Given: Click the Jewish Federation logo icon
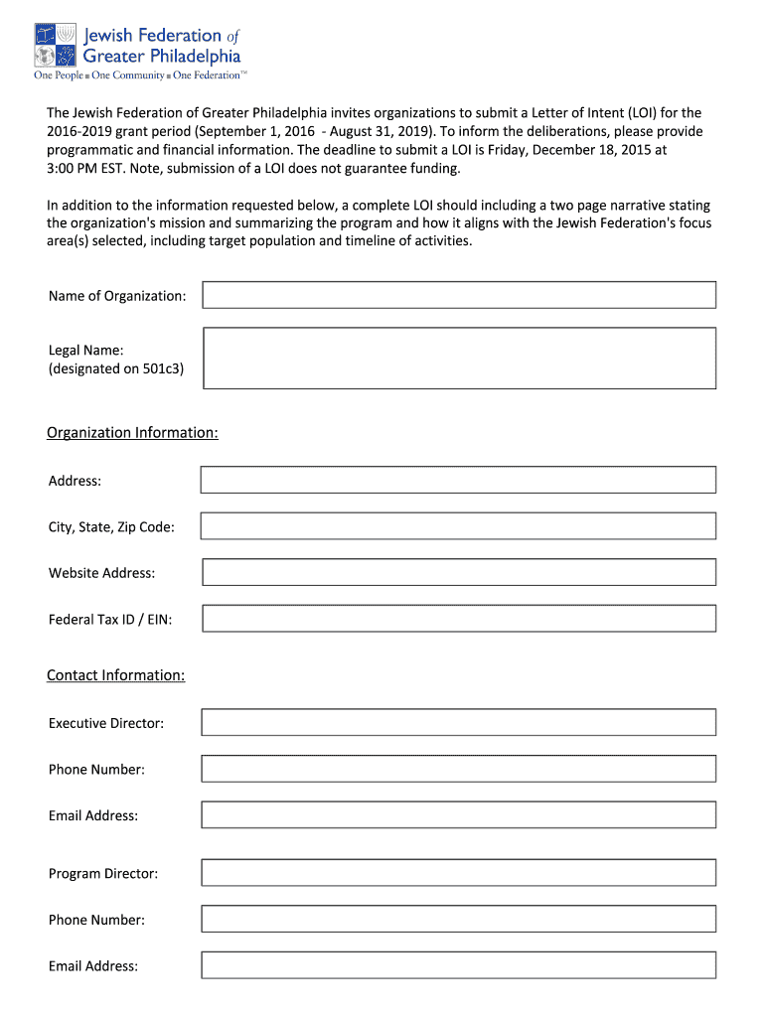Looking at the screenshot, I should point(56,45).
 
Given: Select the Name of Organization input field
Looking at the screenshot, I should point(458,295).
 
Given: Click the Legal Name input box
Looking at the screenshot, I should point(458,358).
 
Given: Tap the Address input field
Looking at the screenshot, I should point(458,480).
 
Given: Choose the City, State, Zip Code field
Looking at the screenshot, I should point(458,525).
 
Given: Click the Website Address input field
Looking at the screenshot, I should point(458,572).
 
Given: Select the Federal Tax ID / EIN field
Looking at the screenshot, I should point(458,619).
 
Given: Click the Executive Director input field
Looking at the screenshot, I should point(458,722).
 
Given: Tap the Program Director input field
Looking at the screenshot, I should point(458,873).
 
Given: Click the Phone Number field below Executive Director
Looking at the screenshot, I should point(458,769).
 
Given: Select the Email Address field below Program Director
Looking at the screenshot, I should point(458,965).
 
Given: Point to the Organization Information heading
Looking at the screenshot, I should point(132,433).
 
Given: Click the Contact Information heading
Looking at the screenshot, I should point(115,675).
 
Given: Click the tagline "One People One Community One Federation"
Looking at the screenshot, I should point(139,75).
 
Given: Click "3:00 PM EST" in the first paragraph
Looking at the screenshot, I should point(86,168).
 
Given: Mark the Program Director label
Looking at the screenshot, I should point(103,874).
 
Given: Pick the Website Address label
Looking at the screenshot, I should point(101,573).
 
